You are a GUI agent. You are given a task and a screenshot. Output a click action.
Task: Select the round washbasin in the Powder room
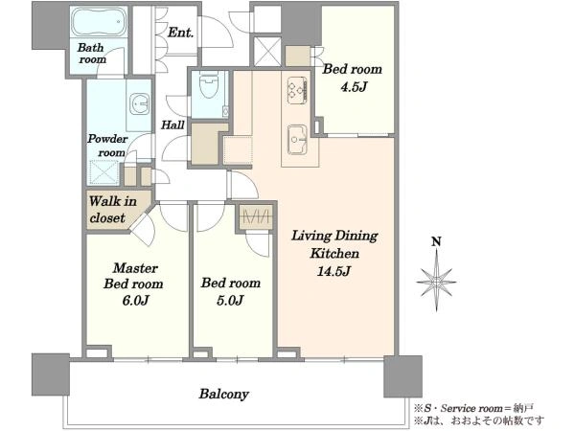pyautogui.click(x=140, y=103)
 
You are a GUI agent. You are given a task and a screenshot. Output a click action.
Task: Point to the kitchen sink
pyautogui.click(x=297, y=140)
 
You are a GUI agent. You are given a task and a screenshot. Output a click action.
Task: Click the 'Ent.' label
pyautogui.click(x=180, y=33)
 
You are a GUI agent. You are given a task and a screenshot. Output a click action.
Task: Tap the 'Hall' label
pyautogui.click(x=172, y=125)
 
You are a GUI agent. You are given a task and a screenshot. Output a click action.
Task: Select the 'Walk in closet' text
pyautogui.click(x=112, y=209)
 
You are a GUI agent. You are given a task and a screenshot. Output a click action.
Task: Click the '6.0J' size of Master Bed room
pyautogui.click(x=136, y=301)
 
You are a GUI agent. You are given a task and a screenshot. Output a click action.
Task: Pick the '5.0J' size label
pyautogui.click(x=230, y=301)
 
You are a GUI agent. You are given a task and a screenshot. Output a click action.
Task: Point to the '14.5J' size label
pyautogui.click(x=334, y=271)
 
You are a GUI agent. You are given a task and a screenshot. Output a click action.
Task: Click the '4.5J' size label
pyautogui.click(x=354, y=87)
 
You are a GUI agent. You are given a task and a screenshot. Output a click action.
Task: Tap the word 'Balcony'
pyautogui.click(x=224, y=394)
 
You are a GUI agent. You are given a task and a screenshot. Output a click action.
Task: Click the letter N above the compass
pyautogui.click(x=436, y=242)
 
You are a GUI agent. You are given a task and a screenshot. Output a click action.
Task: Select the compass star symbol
pyautogui.click(x=436, y=282)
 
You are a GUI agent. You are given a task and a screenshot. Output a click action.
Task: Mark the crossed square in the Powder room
pyautogui.click(x=104, y=172)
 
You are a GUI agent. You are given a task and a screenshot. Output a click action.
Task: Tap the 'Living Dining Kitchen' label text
pyautogui.click(x=334, y=244)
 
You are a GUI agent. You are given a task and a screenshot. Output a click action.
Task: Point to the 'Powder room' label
pyautogui.click(x=107, y=146)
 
